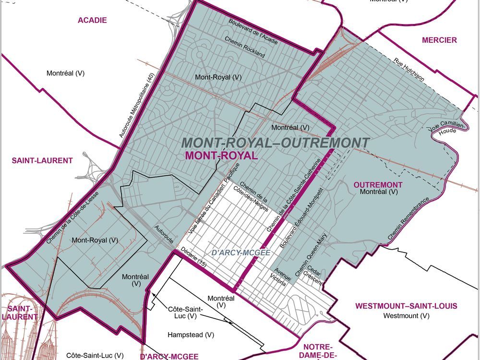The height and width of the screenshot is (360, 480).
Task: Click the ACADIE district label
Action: coord(92,20)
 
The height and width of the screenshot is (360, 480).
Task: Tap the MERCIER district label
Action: coord(439,40)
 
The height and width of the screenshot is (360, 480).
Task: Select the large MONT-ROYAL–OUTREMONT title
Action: coord(276,143)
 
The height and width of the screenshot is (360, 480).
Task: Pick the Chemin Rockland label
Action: coord(245,47)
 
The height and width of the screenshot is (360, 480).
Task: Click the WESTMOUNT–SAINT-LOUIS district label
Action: coord(406,306)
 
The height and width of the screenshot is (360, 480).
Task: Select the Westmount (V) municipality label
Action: coord(406,316)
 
